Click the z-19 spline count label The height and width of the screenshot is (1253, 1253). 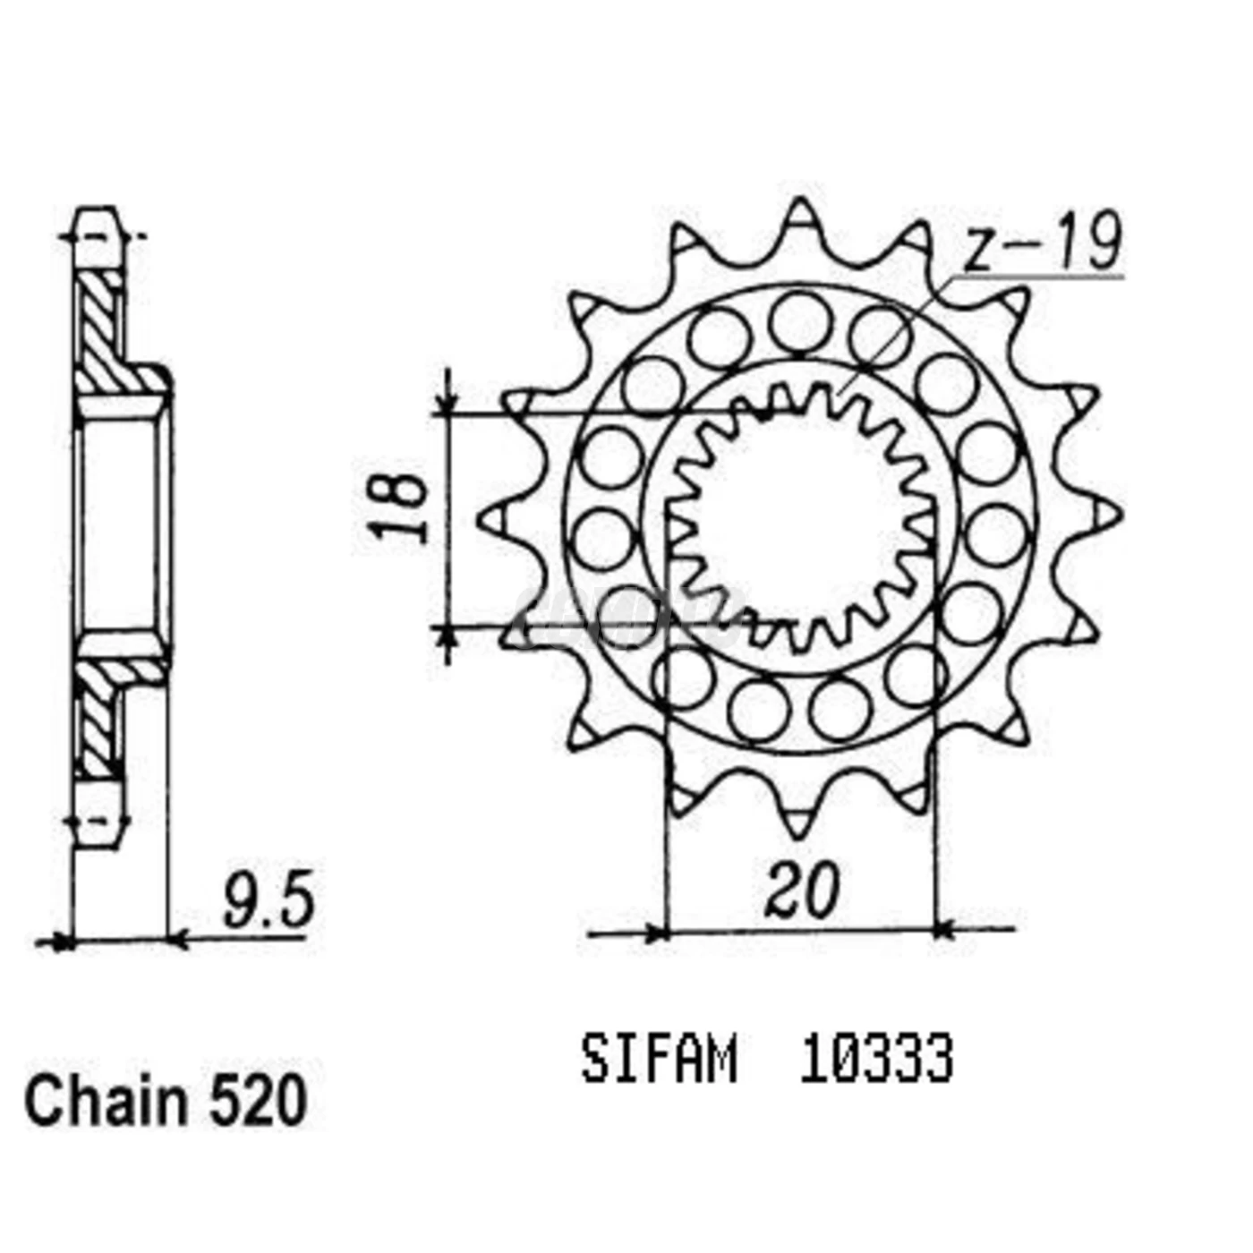pyautogui.click(x=1042, y=243)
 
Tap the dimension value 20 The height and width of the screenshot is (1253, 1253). pyautogui.click(x=802, y=890)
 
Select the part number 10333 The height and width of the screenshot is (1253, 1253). pyautogui.click(x=876, y=1060)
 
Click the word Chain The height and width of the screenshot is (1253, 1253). pyautogui.click(x=106, y=1103)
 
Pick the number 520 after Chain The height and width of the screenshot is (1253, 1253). pyautogui.click(x=259, y=1103)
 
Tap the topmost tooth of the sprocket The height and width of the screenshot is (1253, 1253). pyautogui.click(x=798, y=219)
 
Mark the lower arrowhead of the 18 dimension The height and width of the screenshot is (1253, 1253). pyautogui.click(x=447, y=637)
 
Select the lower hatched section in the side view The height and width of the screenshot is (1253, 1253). pyautogui.click(x=98, y=716)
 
